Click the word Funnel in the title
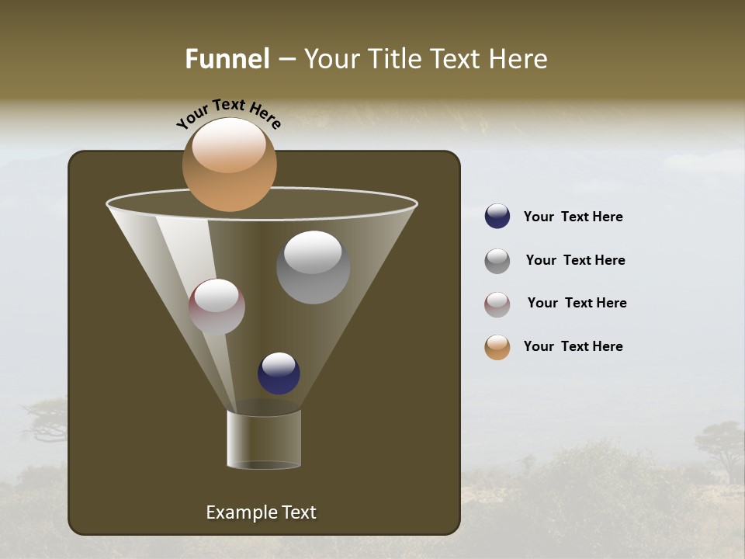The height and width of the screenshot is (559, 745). pyautogui.click(x=227, y=59)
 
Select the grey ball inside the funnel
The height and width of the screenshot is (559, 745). pyautogui.click(x=313, y=268)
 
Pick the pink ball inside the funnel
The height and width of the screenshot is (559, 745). pyautogui.click(x=217, y=307)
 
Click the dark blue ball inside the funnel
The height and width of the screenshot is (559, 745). pyautogui.click(x=279, y=373)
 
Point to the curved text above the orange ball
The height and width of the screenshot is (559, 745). pyautogui.click(x=229, y=113)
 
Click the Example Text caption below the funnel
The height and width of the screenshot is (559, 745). pyautogui.click(x=261, y=512)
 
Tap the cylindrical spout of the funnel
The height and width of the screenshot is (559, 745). pyautogui.click(x=264, y=439)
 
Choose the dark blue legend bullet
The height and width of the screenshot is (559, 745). pyautogui.click(x=497, y=217)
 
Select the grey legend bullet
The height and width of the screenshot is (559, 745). pyautogui.click(x=497, y=261)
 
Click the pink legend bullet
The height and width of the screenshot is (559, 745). pyautogui.click(x=497, y=304)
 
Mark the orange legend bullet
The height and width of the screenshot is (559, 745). pyautogui.click(x=497, y=347)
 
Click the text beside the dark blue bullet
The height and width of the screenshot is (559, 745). pyautogui.click(x=573, y=217)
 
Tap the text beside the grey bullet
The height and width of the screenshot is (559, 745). pyautogui.click(x=575, y=260)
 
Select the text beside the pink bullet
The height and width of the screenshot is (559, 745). pyautogui.click(x=577, y=303)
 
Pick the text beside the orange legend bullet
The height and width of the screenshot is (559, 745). pyautogui.click(x=573, y=346)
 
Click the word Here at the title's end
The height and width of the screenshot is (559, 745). pyautogui.click(x=520, y=59)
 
